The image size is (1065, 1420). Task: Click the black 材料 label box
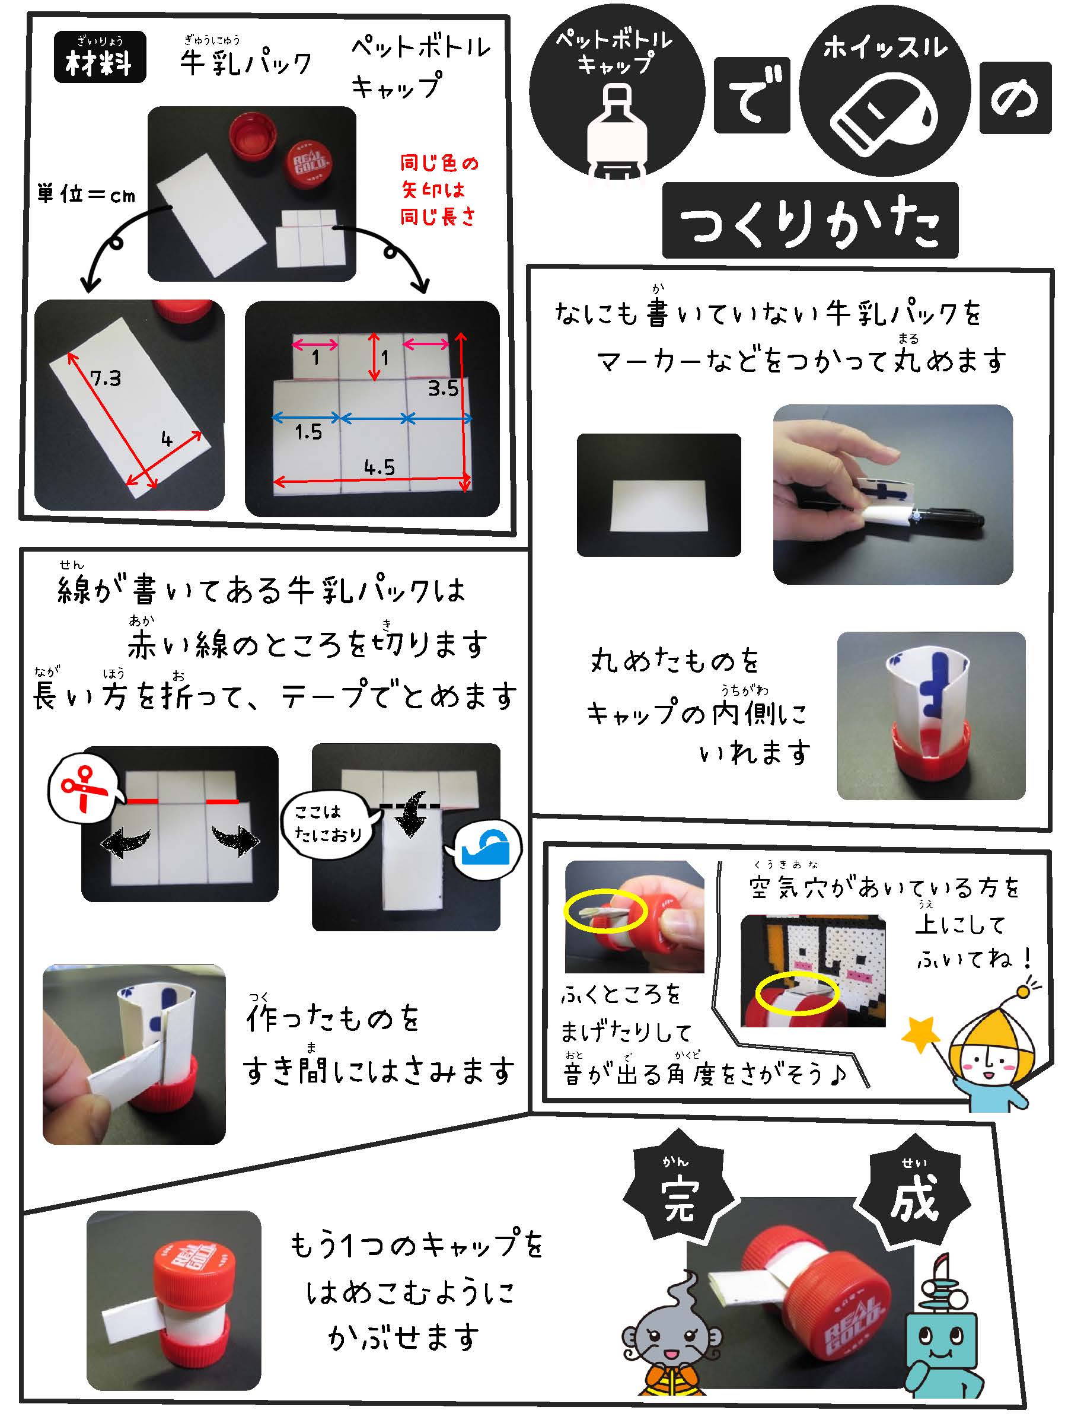click(x=100, y=57)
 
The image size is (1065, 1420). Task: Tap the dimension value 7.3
click(x=106, y=379)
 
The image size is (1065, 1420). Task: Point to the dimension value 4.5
click(x=380, y=467)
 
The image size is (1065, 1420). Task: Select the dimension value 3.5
click(x=444, y=388)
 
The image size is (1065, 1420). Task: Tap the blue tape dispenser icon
click(x=489, y=848)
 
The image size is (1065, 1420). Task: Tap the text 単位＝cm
click(x=87, y=194)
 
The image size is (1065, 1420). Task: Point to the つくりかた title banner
click(x=810, y=220)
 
